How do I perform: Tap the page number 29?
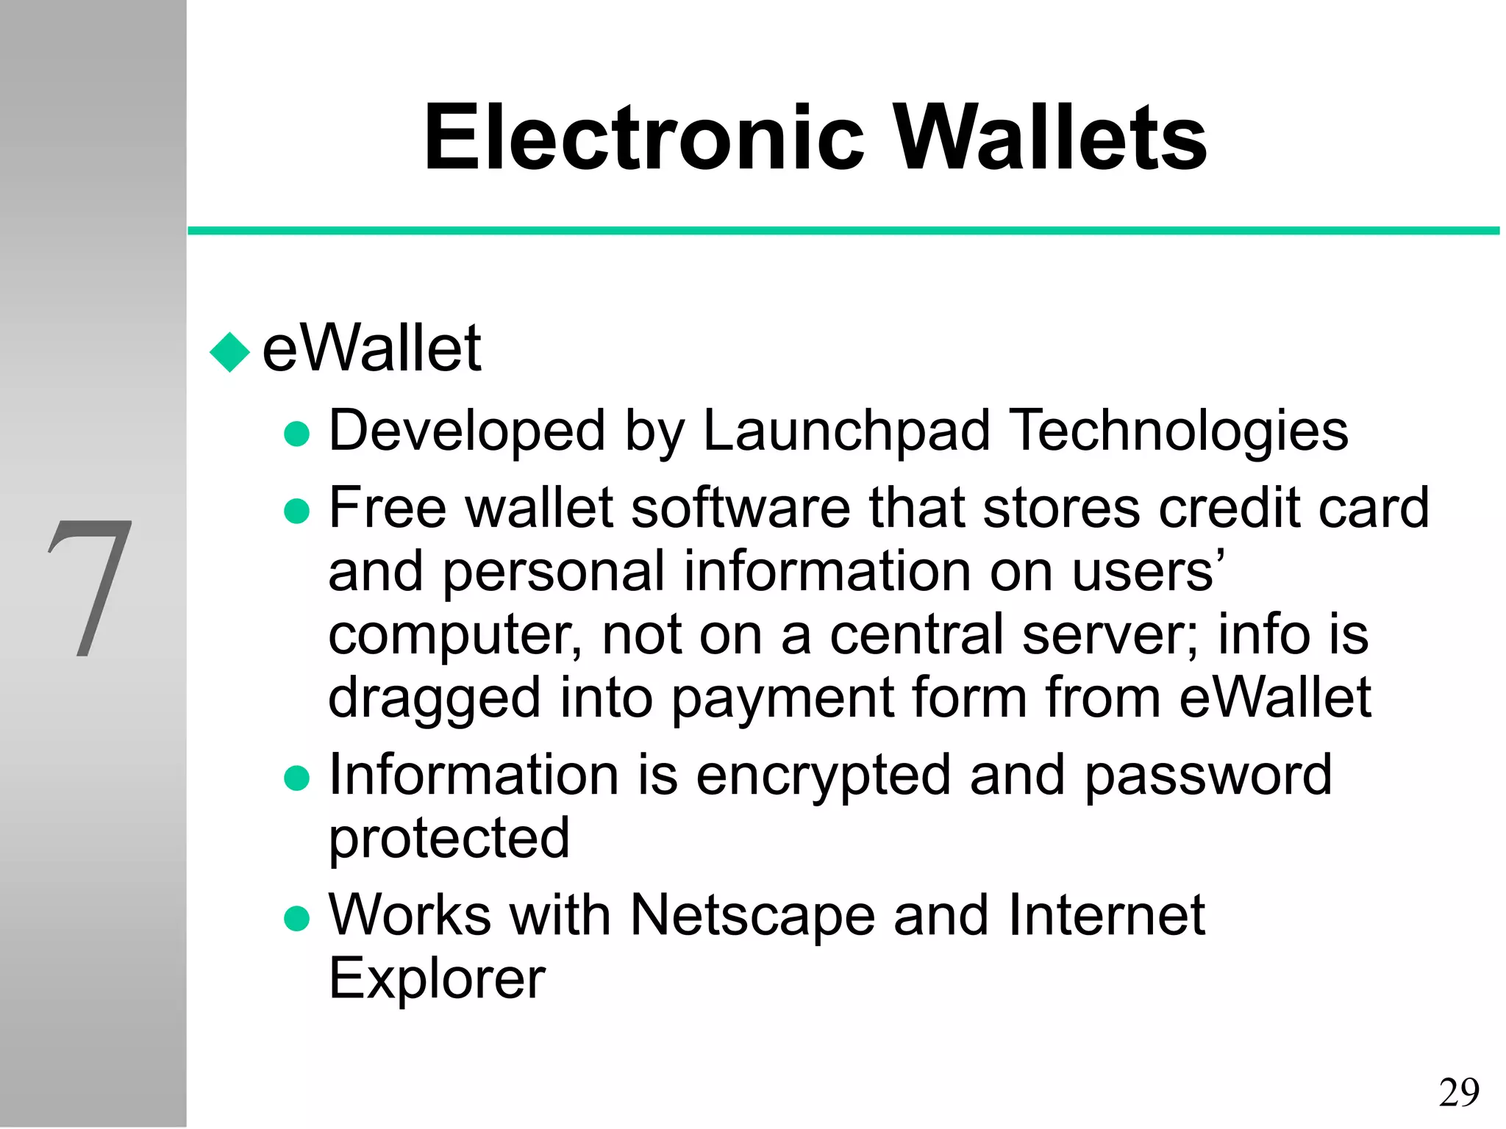tap(1459, 1092)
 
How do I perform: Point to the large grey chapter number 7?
tap(91, 588)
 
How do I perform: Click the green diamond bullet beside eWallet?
tap(230, 352)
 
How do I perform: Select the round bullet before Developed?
tap(296, 434)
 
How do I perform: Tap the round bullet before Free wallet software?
tap(296, 512)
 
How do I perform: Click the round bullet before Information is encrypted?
tap(296, 778)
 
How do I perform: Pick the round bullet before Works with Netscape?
tap(296, 919)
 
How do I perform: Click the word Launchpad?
tap(846, 431)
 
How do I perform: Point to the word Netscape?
tap(752, 916)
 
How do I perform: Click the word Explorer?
tap(437, 981)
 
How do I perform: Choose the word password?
tap(1207, 776)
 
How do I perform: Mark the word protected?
tap(449, 839)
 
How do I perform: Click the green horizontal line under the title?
tap(843, 231)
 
